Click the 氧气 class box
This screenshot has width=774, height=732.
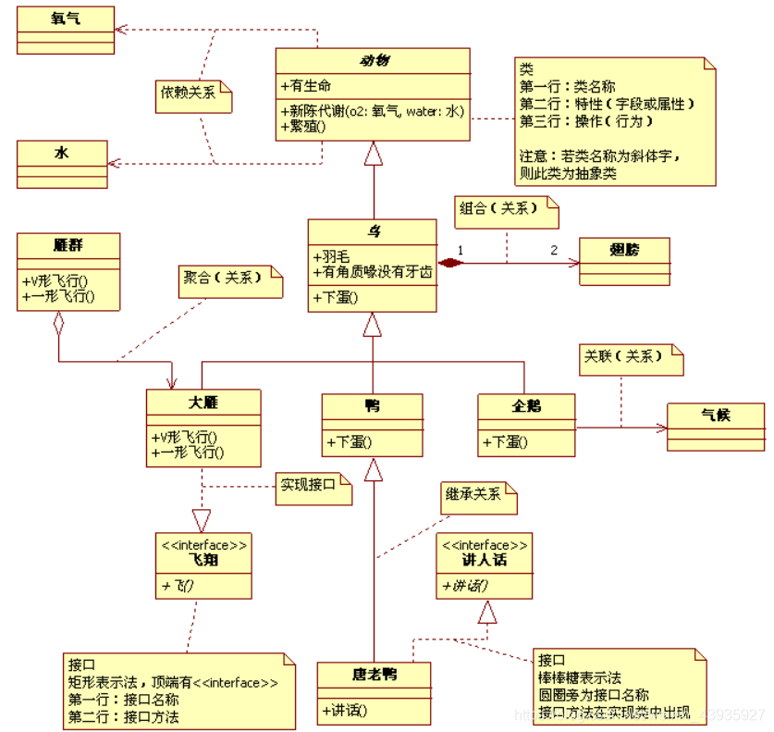coord(65,29)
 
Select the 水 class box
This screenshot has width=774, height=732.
coord(61,161)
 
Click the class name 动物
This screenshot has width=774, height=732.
coord(374,60)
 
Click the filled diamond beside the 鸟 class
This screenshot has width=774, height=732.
coord(449,264)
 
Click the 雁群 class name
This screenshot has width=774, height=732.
coord(68,245)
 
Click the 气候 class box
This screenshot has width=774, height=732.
coord(715,426)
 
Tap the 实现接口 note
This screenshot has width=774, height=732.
coord(313,488)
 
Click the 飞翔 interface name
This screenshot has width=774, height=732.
coord(204,560)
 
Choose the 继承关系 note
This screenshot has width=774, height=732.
coord(477,497)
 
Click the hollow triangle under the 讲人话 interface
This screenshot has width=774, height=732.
coord(487,610)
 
